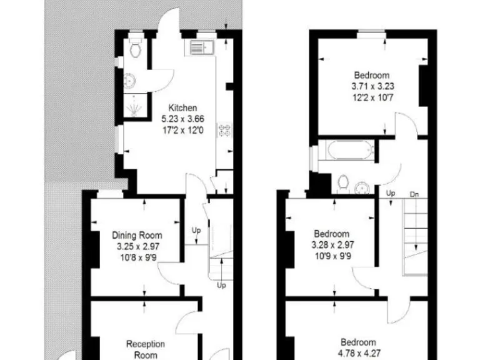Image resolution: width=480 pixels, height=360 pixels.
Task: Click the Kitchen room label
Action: click(x=182, y=108)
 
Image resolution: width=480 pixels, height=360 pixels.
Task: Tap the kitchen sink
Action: click(x=199, y=48)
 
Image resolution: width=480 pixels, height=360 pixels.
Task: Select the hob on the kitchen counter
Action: click(x=224, y=131)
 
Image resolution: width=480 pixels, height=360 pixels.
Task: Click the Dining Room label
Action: click(x=137, y=236)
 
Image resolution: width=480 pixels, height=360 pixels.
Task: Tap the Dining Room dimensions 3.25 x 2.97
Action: click(x=137, y=246)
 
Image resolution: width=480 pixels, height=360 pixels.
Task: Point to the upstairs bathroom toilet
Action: click(x=342, y=182)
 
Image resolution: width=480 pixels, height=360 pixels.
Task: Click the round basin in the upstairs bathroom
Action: click(x=362, y=186)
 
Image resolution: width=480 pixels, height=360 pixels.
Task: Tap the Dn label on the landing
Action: click(x=414, y=194)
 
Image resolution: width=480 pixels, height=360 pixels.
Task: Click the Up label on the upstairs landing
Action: click(x=391, y=193)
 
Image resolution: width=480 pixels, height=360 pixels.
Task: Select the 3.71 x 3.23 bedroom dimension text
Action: click(x=372, y=87)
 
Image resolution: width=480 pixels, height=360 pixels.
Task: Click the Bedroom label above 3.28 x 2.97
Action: click(x=332, y=234)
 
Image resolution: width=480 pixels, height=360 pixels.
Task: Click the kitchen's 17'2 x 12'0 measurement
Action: click(x=183, y=129)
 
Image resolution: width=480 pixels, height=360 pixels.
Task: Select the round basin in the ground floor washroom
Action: click(x=130, y=79)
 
